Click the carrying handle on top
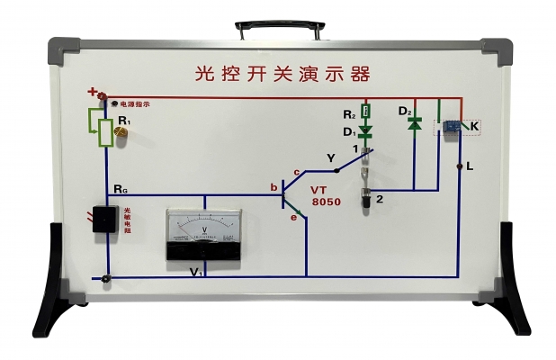pyautogui.click(x=277, y=26)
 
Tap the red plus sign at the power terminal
pyautogui.click(x=92, y=91)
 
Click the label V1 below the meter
pyautogui.click(x=195, y=271)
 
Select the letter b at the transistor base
pyautogui.click(x=274, y=187)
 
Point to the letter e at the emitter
pyautogui.click(x=292, y=217)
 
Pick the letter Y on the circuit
pyautogui.click(x=330, y=157)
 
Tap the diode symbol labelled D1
pyautogui.click(x=366, y=131)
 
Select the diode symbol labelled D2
pyautogui.click(x=415, y=124)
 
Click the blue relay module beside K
pyautogui.click(x=452, y=127)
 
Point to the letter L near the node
pyautogui.click(x=471, y=167)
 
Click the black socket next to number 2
pyautogui.click(x=367, y=199)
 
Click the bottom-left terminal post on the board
pyautogui.click(x=107, y=281)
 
